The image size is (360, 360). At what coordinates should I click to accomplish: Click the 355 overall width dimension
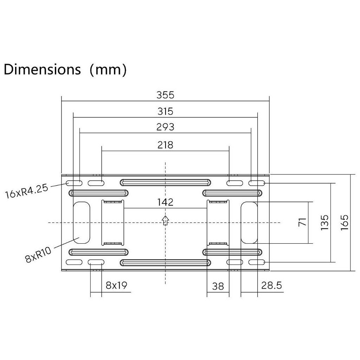point(165,95)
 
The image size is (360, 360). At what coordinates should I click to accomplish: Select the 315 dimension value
point(165,111)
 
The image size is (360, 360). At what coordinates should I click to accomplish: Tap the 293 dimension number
point(165,127)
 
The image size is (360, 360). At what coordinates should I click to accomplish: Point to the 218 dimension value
point(165,145)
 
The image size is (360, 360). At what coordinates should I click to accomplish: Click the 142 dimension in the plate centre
point(165,202)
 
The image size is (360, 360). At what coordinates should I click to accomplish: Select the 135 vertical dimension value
point(324,223)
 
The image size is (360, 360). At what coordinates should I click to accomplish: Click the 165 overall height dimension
point(345,223)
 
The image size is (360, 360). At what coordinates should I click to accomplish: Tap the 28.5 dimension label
point(271,285)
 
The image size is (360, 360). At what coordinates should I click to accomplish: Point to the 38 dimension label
point(218,286)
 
